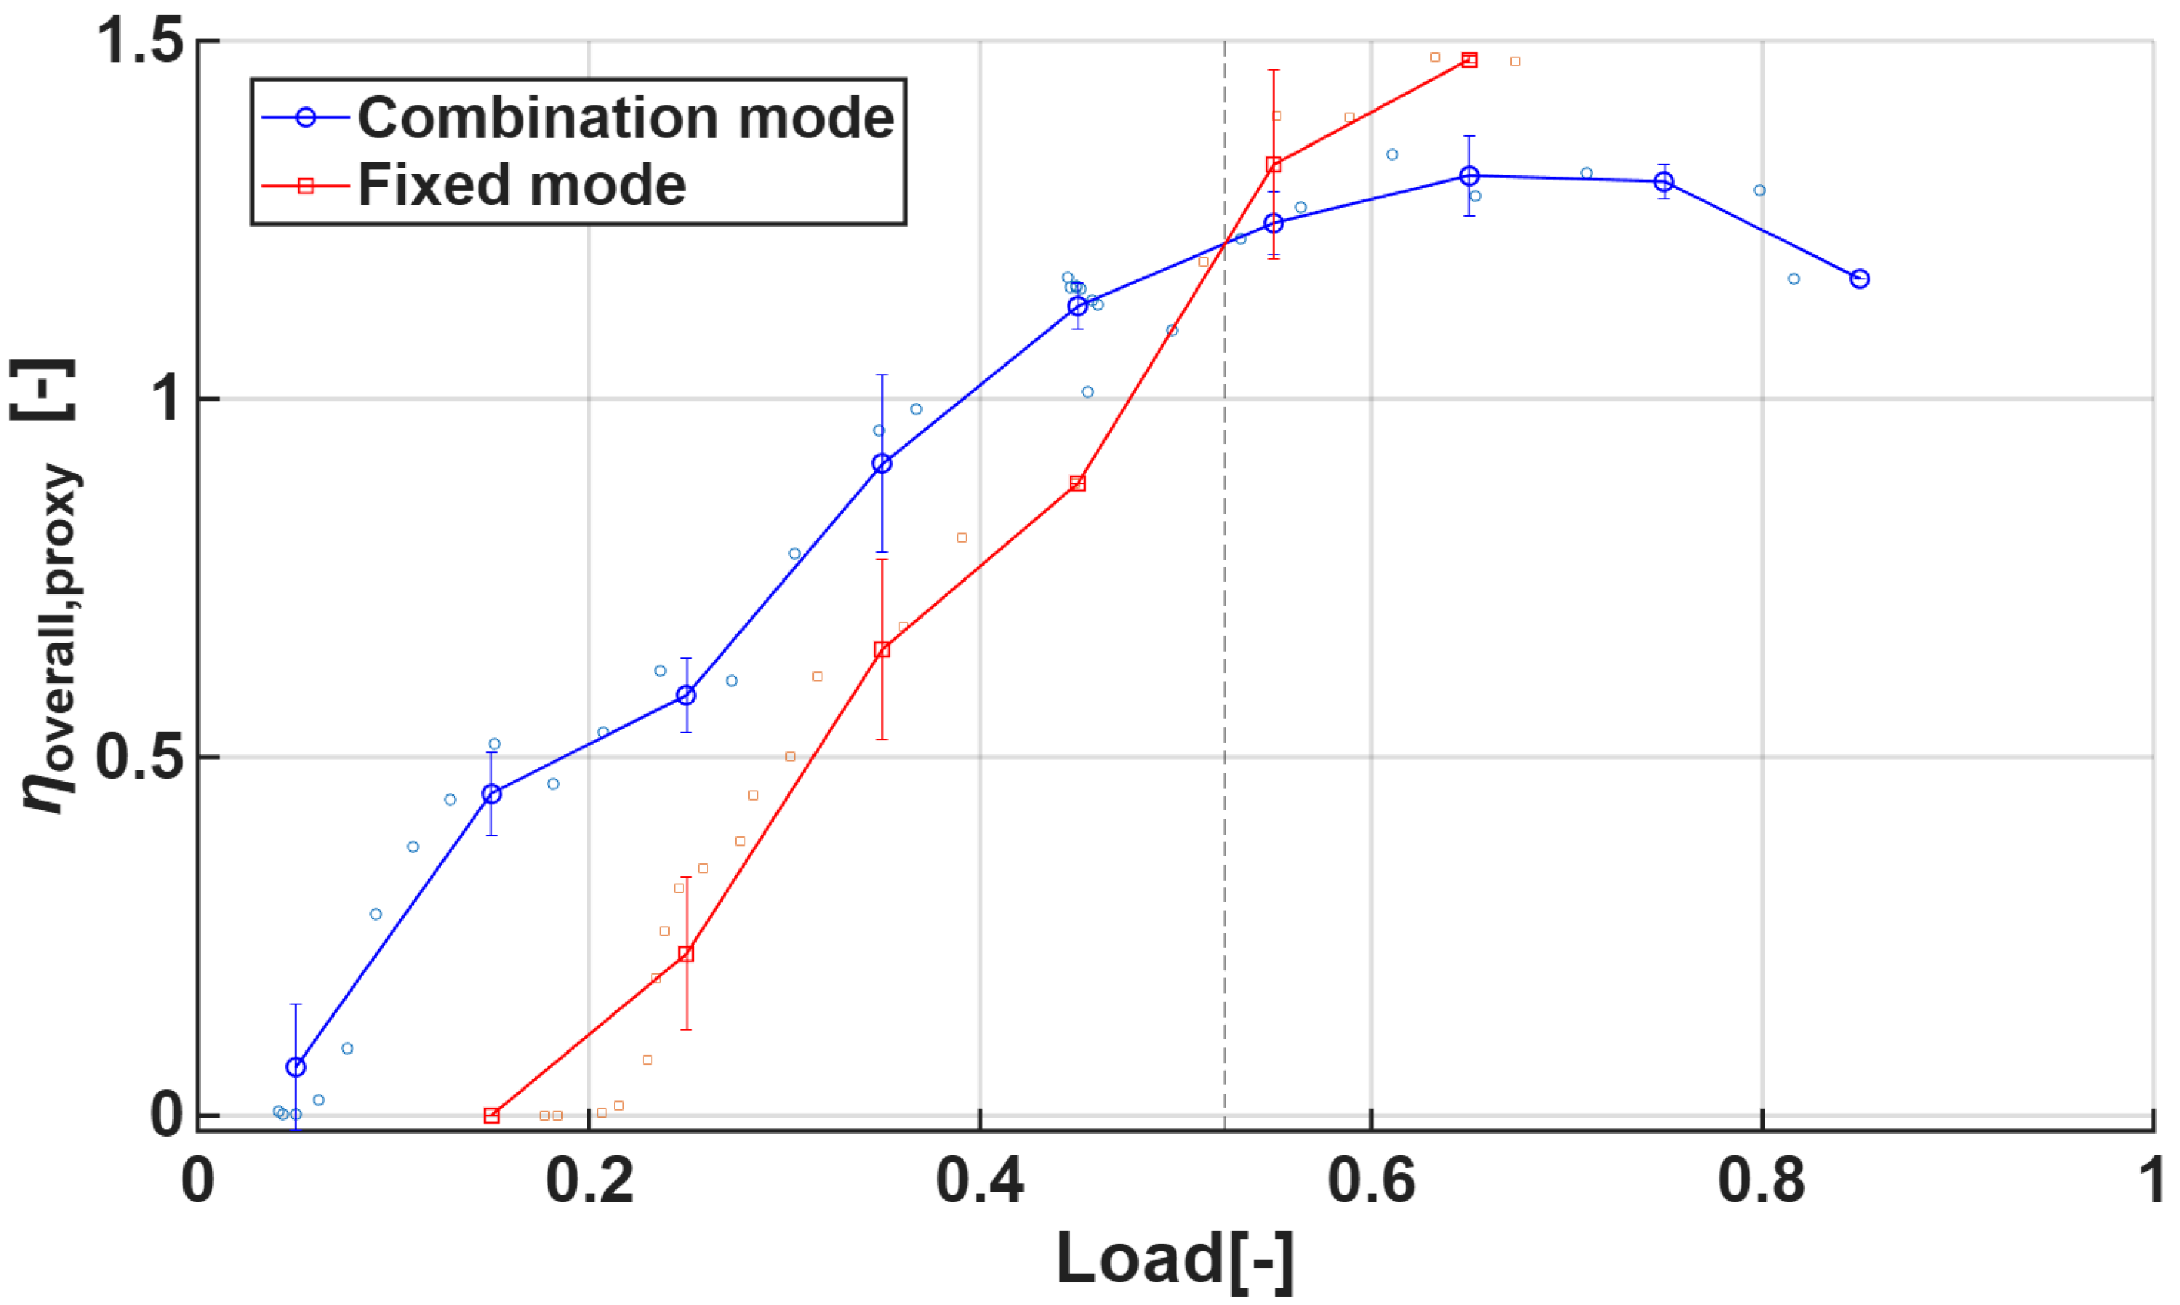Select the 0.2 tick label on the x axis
click(589, 1181)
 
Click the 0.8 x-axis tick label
click(1762, 1181)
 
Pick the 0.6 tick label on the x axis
click(1371, 1181)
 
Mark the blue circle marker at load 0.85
click(1859, 279)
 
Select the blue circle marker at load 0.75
click(1664, 182)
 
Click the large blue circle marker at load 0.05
click(295, 1066)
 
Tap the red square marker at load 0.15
click(492, 1115)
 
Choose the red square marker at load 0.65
click(1469, 60)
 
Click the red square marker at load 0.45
click(1078, 483)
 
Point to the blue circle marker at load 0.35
click(882, 464)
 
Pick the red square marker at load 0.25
click(686, 953)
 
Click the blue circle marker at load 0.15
click(492, 794)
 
